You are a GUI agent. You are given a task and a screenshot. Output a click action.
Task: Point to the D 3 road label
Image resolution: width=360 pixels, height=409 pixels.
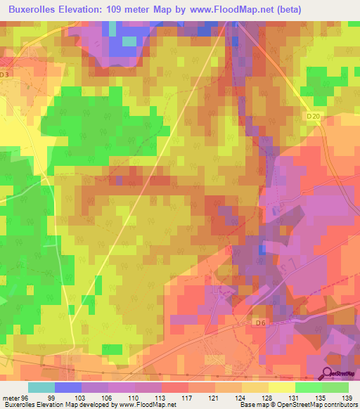tap(6, 74)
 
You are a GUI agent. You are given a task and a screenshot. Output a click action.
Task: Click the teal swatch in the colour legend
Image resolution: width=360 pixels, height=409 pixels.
tap(41, 387)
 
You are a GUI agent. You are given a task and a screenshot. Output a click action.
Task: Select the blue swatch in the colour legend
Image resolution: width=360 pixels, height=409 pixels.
tap(68, 387)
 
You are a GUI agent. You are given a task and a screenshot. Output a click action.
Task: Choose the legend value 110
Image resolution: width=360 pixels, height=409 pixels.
tap(135, 398)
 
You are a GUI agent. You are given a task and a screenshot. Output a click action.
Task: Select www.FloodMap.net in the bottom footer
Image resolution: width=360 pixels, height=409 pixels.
tap(146, 405)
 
